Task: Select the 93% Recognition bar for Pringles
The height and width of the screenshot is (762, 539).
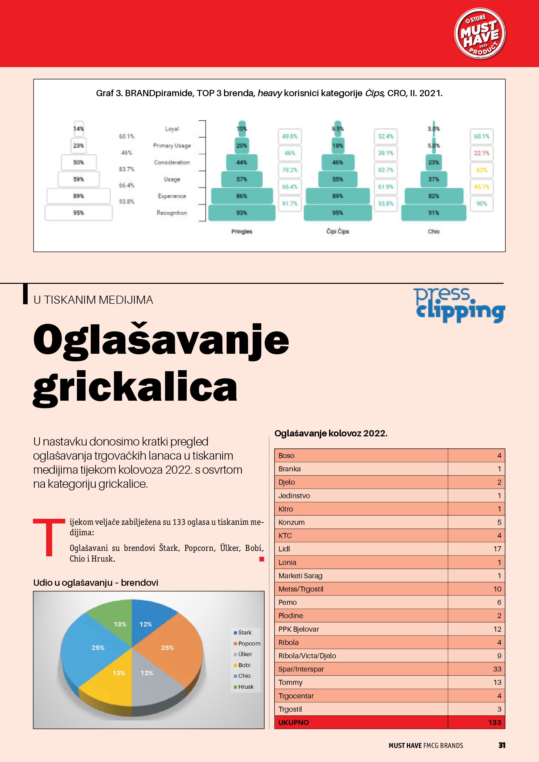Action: pyautogui.click(x=242, y=213)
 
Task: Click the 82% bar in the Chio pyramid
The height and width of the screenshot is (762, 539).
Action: pyautogui.click(x=433, y=196)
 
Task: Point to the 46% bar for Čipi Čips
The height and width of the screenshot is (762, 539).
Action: pyautogui.click(x=337, y=162)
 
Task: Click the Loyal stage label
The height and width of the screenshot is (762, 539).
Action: pyautogui.click(x=172, y=129)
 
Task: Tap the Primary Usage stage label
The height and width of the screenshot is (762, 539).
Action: pyautogui.click(x=172, y=146)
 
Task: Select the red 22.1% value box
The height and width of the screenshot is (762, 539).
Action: pyautogui.click(x=482, y=153)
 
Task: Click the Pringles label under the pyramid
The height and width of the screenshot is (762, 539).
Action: pyautogui.click(x=242, y=231)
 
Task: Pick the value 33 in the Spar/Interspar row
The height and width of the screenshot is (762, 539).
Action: pyautogui.click(x=497, y=669)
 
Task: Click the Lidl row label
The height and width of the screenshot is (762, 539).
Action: pyautogui.click(x=284, y=549)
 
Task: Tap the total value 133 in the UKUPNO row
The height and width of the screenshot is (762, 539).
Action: pyautogui.click(x=494, y=723)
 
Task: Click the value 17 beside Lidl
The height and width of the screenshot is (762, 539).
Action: pyautogui.click(x=497, y=549)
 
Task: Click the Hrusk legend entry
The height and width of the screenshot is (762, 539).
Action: pyautogui.click(x=246, y=687)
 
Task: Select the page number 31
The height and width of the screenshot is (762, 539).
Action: pyautogui.click(x=501, y=745)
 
